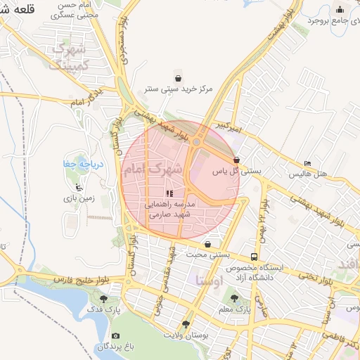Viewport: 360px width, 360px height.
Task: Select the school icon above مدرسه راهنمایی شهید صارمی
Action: point(169,193)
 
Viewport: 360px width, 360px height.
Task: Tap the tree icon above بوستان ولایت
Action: point(186,324)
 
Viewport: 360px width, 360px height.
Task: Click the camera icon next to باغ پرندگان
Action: point(115,336)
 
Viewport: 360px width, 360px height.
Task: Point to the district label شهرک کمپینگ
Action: point(69,57)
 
